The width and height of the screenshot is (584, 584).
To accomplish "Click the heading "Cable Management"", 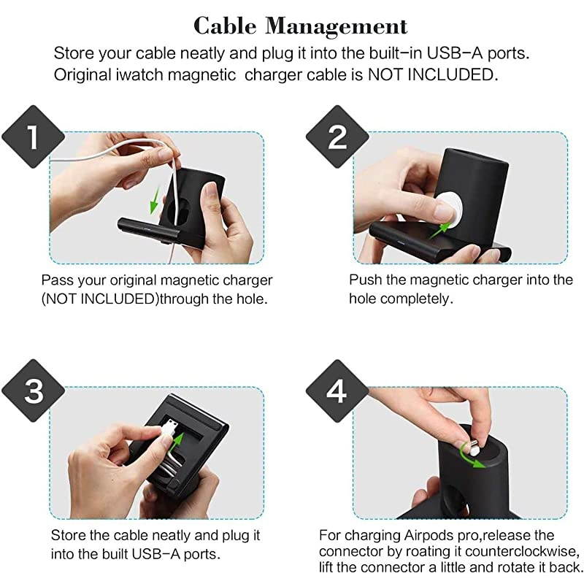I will [x=300, y=26].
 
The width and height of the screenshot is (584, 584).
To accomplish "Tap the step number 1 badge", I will [x=31, y=137].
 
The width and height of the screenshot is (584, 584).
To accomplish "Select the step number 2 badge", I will [x=337, y=137].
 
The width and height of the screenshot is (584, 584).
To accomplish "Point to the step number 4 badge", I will [x=337, y=392].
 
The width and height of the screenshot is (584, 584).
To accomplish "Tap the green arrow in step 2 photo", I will [x=437, y=228].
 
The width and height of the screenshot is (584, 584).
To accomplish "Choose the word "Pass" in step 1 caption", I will [x=55, y=280].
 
